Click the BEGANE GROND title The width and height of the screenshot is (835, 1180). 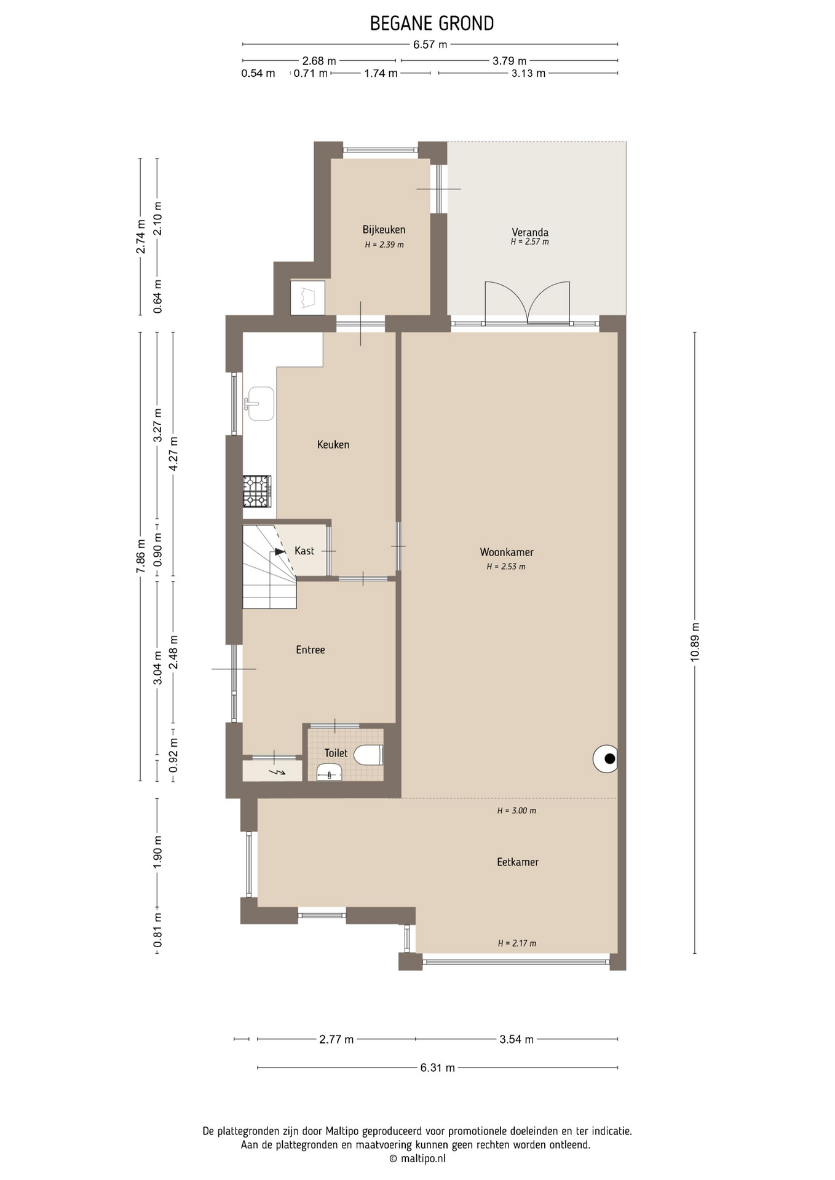click(432, 23)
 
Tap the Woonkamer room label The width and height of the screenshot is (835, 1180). click(507, 552)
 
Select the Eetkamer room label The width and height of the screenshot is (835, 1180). click(518, 862)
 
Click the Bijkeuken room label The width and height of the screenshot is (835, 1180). click(384, 230)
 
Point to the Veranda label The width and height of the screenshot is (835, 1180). click(530, 232)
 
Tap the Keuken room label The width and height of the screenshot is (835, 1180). click(333, 444)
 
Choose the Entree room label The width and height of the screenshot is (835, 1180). click(311, 650)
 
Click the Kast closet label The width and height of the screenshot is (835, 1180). click(304, 551)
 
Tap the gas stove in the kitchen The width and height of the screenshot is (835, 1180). click(257, 491)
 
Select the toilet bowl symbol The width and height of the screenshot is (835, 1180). click(368, 755)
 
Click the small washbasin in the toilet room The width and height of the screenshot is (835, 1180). click(330, 773)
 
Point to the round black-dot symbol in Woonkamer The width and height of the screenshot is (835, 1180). click(606, 758)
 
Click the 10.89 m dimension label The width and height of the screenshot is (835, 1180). click(695, 642)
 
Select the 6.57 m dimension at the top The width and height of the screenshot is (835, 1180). click(430, 44)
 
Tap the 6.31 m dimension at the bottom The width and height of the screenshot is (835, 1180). click(438, 1068)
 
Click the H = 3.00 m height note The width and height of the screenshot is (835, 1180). click(516, 811)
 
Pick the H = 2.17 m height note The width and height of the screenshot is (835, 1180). click(517, 943)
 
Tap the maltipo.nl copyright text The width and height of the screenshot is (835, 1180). click(417, 1158)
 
